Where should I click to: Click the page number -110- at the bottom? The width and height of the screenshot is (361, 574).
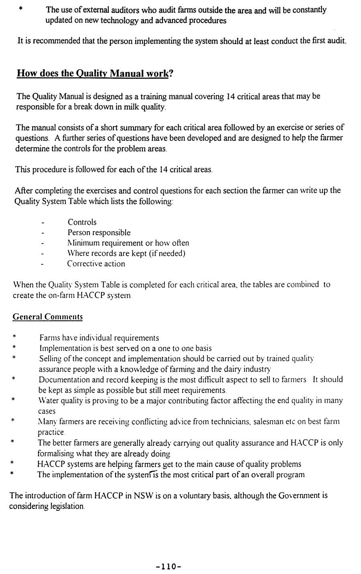pyautogui.click(x=168, y=566)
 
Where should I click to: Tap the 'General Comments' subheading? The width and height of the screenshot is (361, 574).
pyautogui.click(x=48, y=317)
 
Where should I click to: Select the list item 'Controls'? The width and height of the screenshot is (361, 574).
pyautogui.click(x=82, y=222)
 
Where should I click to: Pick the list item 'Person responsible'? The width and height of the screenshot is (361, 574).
pyautogui.click(x=99, y=232)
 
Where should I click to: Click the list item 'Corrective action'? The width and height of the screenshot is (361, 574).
pyautogui.click(x=96, y=264)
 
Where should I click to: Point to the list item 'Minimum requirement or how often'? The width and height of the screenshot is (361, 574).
pyautogui.click(x=128, y=243)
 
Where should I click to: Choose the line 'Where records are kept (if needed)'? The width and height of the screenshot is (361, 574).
pyautogui.click(x=126, y=253)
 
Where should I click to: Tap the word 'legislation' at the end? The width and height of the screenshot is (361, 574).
pyautogui.click(x=67, y=506)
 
